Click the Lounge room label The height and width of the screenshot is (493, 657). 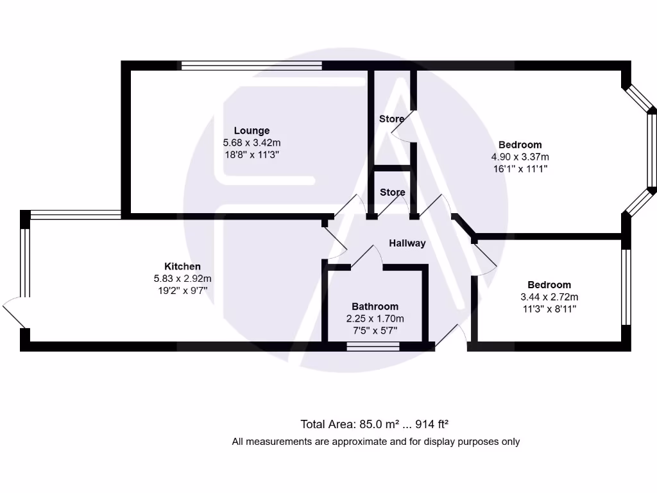click(252, 131)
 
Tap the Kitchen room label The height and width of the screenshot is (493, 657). click(182, 266)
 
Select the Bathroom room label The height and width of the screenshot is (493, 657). click(375, 307)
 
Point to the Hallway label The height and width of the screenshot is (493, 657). click(407, 243)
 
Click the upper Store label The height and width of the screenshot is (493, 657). click(391, 119)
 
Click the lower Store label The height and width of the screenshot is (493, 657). click(392, 193)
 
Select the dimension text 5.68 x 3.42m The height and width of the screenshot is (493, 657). click(252, 143)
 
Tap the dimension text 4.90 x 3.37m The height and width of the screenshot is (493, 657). click(520, 157)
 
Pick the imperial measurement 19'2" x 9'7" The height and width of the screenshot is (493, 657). click(182, 291)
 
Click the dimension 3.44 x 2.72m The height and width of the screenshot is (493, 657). click(549, 297)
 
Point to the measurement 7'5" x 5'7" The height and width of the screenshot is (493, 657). click(375, 331)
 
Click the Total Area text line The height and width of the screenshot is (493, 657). click(374, 424)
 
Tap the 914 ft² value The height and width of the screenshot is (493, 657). click(432, 424)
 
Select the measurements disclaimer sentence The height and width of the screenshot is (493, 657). click(375, 442)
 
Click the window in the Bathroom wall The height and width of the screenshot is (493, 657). click(373, 347)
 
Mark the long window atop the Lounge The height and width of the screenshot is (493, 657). click(251, 65)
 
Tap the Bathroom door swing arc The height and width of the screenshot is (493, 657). click(366, 254)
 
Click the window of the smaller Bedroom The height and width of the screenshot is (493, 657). click(626, 287)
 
